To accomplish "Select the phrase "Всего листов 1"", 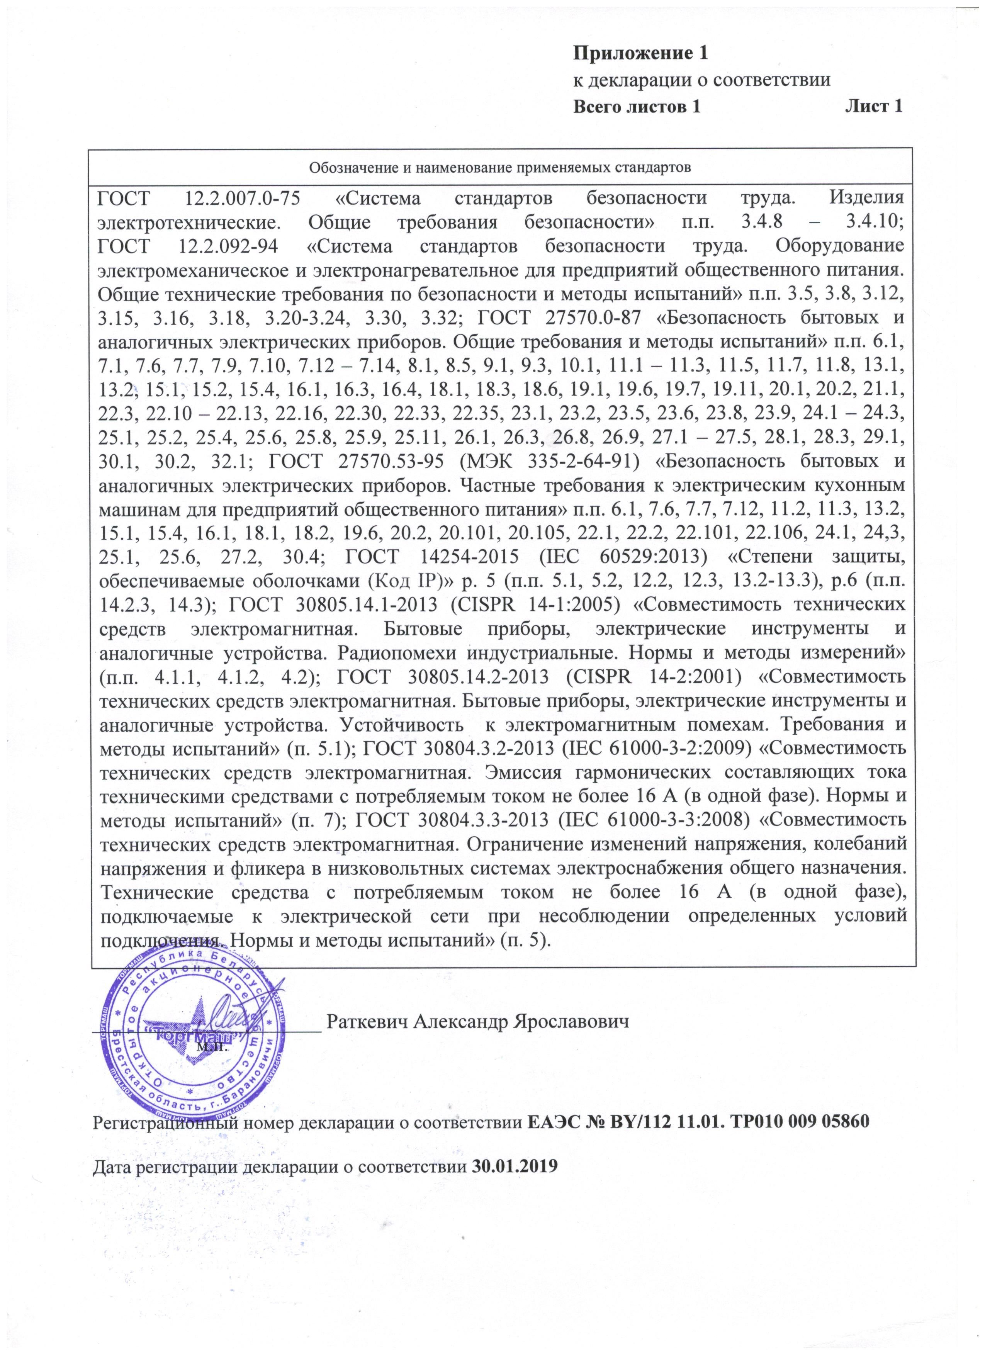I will [x=636, y=107].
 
